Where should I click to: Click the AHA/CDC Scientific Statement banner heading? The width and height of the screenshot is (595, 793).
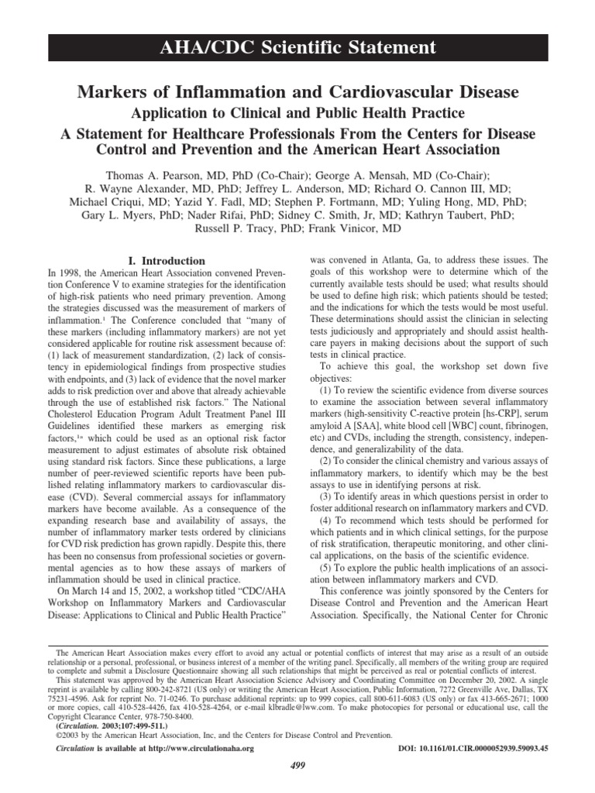click(297, 48)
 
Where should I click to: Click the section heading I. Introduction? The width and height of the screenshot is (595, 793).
click(165, 261)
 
